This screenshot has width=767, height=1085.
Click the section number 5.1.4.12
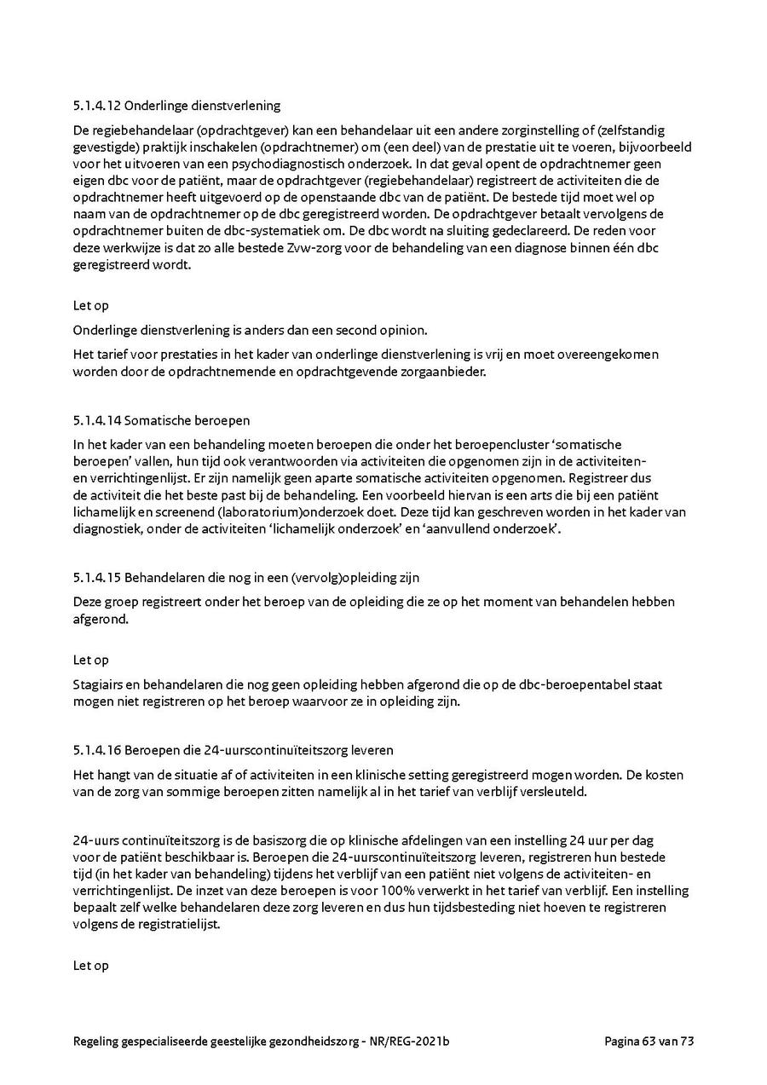[x=96, y=107]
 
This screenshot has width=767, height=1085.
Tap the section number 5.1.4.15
[x=96, y=578]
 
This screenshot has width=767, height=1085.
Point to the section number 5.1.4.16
[x=96, y=751]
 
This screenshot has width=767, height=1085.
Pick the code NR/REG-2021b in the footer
[x=412, y=1041]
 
